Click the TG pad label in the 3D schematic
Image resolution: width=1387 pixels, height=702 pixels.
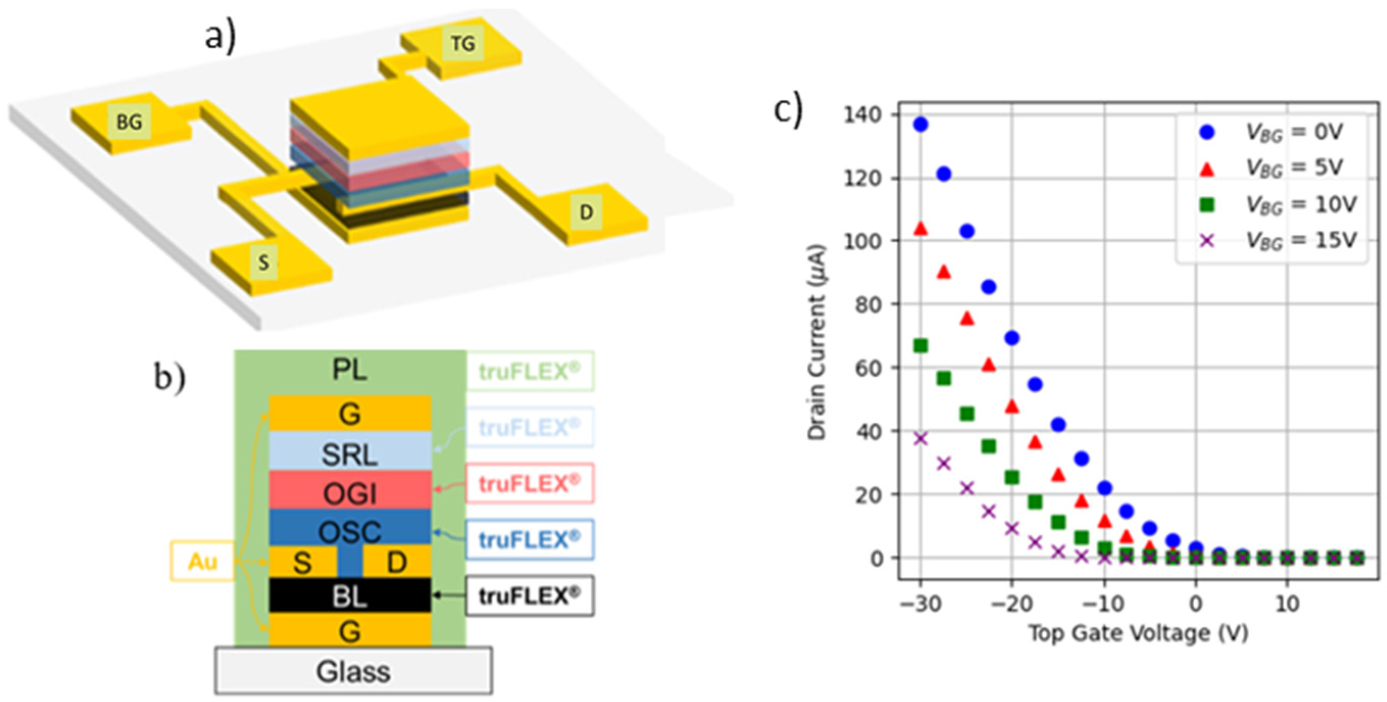463,43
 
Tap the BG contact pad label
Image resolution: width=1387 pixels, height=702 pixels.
129,123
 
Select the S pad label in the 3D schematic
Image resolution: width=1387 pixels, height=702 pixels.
263,263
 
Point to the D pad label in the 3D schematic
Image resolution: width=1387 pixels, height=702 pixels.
586,212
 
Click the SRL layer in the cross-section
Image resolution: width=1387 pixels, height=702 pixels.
350,451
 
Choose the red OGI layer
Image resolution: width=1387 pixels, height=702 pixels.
350,490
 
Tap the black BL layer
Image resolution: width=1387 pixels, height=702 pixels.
350,595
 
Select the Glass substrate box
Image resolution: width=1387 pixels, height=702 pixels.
353,671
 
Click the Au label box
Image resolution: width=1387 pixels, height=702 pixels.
203,562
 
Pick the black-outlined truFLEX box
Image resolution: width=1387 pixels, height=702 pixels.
530,596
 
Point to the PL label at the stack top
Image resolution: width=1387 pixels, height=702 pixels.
350,371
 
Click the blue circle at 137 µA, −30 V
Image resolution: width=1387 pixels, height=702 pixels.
921,125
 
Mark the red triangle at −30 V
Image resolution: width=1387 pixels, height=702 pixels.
921,228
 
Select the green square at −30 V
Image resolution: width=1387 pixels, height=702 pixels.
921,345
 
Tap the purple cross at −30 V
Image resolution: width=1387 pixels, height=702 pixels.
921,439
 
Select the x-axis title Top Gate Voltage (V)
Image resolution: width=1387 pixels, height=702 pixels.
1138,634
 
